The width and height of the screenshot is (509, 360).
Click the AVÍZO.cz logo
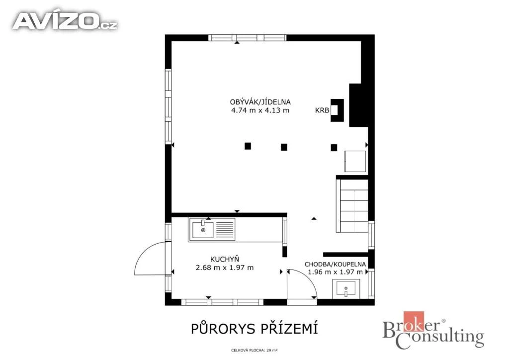[x=65, y=21]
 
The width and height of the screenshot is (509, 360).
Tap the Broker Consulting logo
[x=433, y=331]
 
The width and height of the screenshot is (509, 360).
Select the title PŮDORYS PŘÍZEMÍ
[x=254, y=328]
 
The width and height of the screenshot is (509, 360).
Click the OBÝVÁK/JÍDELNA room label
[x=260, y=102]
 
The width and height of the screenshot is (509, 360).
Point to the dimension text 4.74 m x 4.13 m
[x=260, y=110]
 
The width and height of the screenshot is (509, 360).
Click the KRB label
[x=322, y=110]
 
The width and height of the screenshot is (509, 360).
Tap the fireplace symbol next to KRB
[x=337, y=110]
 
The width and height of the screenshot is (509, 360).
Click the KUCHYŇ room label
[x=225, y=259]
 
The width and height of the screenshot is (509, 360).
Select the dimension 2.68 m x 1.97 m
[x=225, y=268]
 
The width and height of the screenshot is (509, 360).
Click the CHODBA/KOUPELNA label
[x=335, y=264]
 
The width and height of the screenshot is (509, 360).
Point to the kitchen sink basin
[x=203, y=230]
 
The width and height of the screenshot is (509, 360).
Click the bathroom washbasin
[x=346, y=288]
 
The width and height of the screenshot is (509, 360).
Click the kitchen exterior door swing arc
[x=145, y=252]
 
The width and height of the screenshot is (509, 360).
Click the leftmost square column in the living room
[x=248, y=146]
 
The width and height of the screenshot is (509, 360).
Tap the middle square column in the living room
[x=284, y=147]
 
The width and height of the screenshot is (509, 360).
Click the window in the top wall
[x=248, y=38]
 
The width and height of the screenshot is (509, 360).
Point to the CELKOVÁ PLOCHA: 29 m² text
[x=254, y=351]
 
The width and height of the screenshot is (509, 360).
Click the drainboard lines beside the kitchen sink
[x=225, y=230]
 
